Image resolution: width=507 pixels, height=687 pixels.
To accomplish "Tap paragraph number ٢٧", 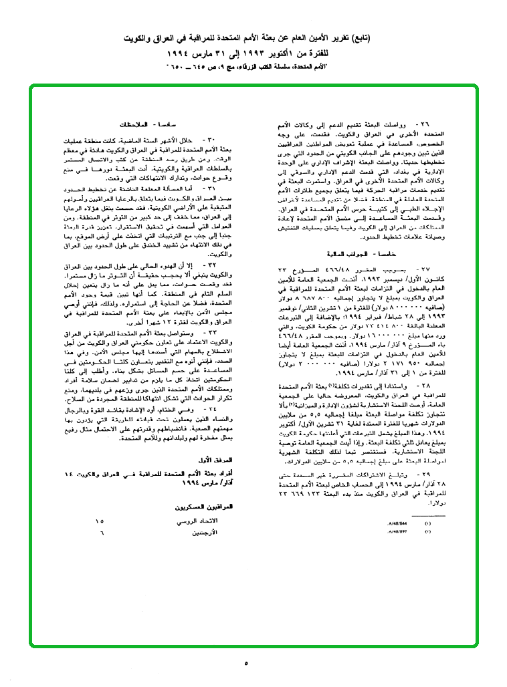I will [423, 269].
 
